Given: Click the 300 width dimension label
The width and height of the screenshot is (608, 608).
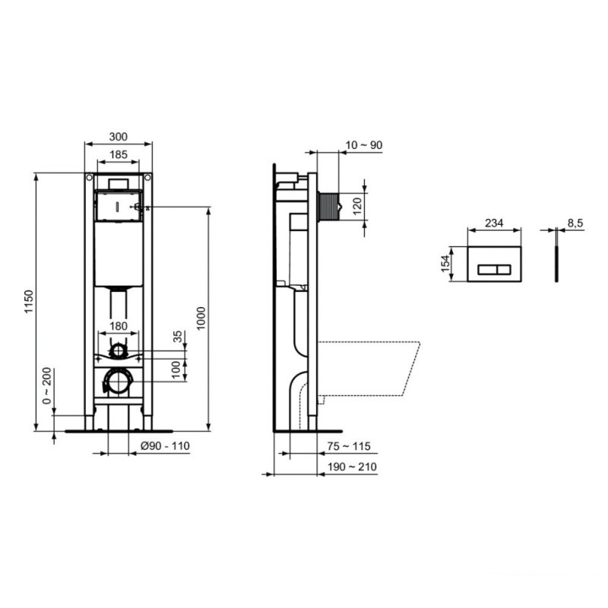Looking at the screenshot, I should click(x=118, y=137).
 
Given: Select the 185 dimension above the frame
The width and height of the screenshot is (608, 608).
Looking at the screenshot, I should click(x=118, y=155).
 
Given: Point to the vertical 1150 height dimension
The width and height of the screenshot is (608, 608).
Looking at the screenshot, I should click(x=29, y=299).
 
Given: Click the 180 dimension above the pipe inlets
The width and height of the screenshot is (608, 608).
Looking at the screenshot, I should click(x=118, y=326).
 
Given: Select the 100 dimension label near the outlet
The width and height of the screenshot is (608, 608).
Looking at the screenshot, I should click(x=177, y=369).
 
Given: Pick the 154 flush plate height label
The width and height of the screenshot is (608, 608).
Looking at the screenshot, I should click(x=445, y=264).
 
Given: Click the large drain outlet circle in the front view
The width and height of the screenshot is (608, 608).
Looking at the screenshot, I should click(x=118, y=381).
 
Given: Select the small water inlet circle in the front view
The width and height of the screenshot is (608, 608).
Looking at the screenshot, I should click(x=118, y=350).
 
